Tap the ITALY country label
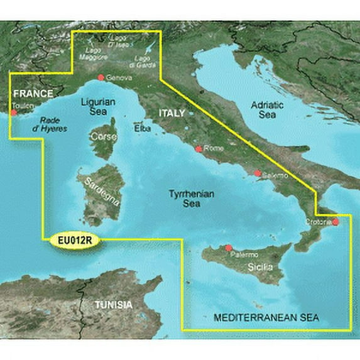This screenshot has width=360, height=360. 172,113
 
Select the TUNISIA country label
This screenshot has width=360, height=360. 113,305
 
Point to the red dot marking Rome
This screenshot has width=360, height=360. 199,149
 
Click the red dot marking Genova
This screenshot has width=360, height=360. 101,78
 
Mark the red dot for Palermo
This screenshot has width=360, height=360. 228,248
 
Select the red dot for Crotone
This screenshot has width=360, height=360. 336,222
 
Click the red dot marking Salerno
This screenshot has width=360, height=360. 257,173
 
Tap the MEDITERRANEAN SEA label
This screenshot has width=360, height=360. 266,319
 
